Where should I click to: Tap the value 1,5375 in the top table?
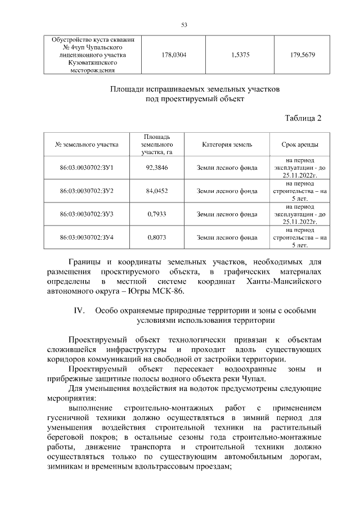pyautogui.click(x=241, y=56)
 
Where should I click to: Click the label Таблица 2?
pyautogui.click(x=303, y=118)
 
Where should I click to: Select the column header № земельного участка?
pyautogui.click(x=87, y=145)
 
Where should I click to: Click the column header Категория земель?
pyautogui.click(x=227, y=145)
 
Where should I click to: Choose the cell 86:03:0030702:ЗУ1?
pyautogui.click(x=87, y=168)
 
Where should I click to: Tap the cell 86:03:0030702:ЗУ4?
pyautogui.click(x=87, y=237)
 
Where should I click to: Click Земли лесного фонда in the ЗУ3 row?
pyautogui.click(x=227, y=214)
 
